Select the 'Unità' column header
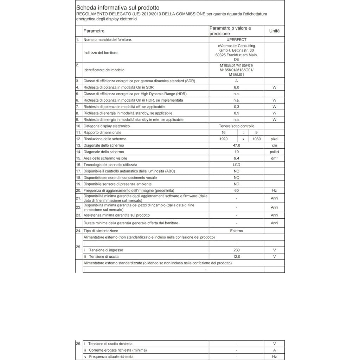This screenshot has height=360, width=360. [274, 31]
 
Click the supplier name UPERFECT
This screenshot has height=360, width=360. [236, 40]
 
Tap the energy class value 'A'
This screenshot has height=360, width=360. [237, 81]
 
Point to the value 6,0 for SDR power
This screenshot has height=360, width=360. [237, 88]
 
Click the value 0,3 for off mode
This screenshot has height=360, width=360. [237, 107]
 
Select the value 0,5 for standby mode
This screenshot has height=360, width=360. [237, 113]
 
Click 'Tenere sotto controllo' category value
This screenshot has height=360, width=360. [236, 126]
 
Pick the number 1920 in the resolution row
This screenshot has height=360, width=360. [223, 139]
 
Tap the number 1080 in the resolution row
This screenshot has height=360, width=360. [256, 139]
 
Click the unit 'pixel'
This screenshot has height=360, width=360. [274, 139]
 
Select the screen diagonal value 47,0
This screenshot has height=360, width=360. [237, 145]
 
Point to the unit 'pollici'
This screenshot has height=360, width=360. [274, 152]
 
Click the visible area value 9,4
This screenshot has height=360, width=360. [237, 158]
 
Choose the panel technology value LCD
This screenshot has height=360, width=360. [237, 165]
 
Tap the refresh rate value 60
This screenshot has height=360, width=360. [237, 190]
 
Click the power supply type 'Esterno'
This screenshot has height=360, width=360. [237, 231]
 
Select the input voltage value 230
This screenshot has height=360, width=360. [237, 250]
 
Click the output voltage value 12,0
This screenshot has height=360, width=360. [237, 257]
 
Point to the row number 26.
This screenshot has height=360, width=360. [78, 343]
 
